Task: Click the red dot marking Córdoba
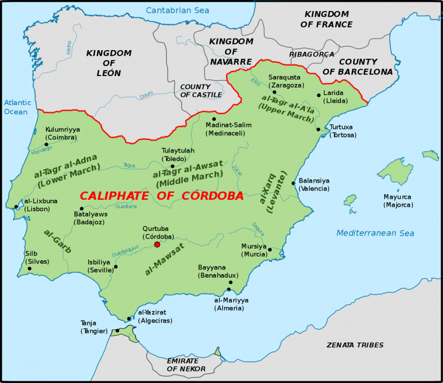click(x=157, y=245)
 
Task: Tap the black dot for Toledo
click(x=172, y=166)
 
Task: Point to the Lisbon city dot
click(x=16, y=206)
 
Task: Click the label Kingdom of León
click(x=108, y=63)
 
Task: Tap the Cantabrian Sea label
click(x=178, y=10)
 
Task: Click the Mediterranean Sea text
click(x=376, y=233)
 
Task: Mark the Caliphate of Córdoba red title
click(x=161, y=196)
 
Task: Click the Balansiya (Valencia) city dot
click(x=294, y=184)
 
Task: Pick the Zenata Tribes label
click(x=354, y=345)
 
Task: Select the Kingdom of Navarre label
click(x=231, y=51)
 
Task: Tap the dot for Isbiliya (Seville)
click(x=116, y=267)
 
